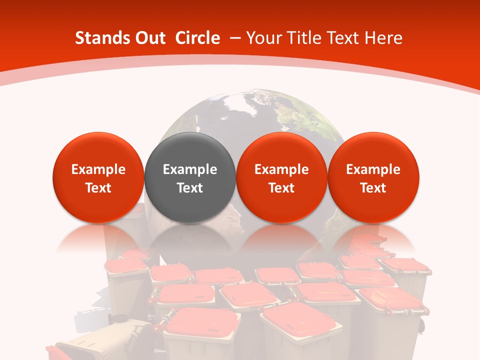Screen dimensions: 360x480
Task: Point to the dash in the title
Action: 235,38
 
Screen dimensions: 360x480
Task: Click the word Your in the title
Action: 262,38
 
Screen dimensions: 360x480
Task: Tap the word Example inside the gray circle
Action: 190,169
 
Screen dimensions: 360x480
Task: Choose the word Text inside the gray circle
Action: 190,188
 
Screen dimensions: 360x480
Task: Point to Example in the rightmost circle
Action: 373,169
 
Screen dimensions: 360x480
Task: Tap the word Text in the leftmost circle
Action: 98,188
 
